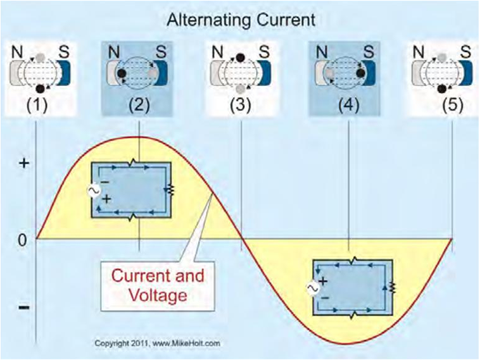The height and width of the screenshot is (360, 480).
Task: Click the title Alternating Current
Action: [x=240, y=20]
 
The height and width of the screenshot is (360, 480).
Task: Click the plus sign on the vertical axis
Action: [x=24, y=163]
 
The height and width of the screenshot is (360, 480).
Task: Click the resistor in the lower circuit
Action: [x=392, y=287]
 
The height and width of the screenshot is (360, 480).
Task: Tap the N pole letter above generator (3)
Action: [x=217, y=50]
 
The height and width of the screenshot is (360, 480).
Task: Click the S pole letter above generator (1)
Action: [x=64, y=50]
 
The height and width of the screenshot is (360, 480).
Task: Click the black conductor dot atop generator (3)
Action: [x=241, y=58]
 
